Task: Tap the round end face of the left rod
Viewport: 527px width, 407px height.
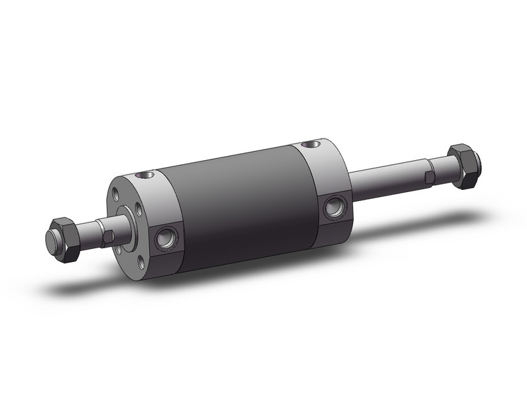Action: point(51,240)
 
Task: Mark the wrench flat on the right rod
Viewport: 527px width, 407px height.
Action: point(431,176)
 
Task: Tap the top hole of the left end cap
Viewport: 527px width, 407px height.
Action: point(146,175)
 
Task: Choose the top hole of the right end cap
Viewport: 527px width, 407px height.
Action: point(309,145)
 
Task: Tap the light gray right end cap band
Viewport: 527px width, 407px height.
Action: point(326,180)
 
